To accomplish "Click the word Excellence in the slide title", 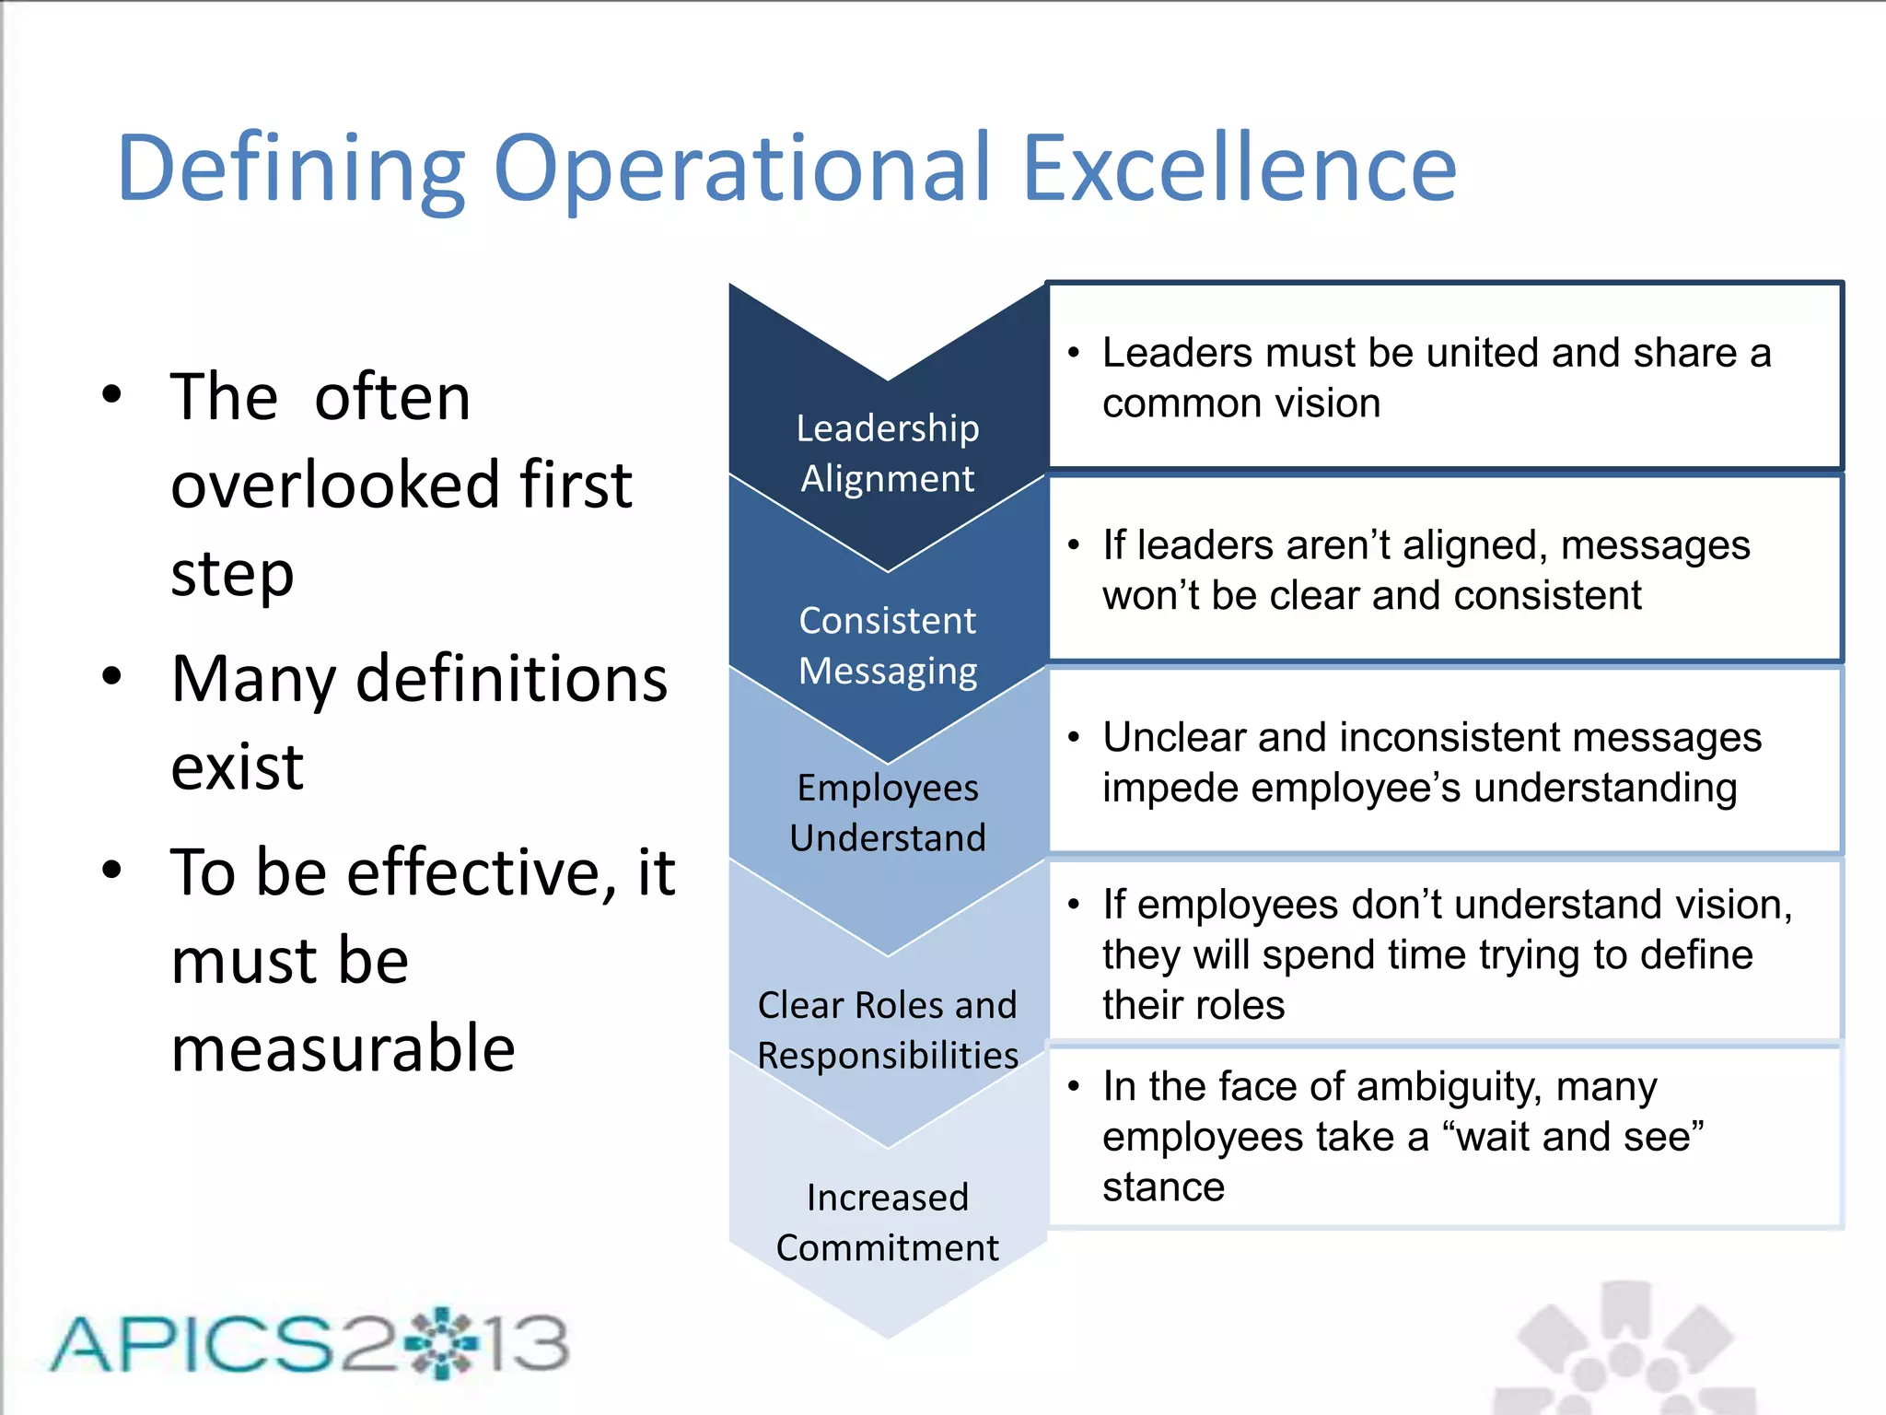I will [1240, 169].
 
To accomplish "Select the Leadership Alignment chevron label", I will [887, 453].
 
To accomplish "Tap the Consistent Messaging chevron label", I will [887, 645].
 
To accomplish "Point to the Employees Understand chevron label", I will [887, 813].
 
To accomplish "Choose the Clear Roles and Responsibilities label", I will [887, 1030].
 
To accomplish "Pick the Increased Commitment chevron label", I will [887, 1222].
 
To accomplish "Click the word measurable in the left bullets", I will [343, 1048].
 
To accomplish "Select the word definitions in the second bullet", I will [511, 679].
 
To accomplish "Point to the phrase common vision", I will [1240, 403].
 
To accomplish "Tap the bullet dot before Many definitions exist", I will [112, 676].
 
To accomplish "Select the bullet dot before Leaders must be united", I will [1073, 353].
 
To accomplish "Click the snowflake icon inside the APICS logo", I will [441, 1342].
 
